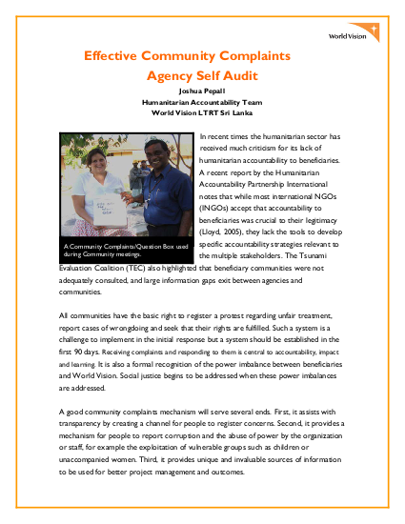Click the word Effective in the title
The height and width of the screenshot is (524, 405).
tap(111, 56)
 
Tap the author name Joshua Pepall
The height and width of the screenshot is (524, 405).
tap(202, 91)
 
